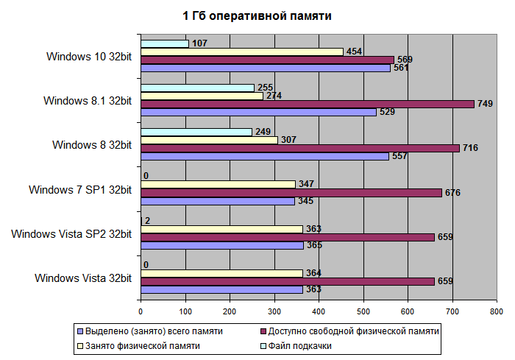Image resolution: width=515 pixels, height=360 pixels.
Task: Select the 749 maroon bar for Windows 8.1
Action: point(308,104)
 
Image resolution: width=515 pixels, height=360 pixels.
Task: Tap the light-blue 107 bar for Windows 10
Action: point(164,43)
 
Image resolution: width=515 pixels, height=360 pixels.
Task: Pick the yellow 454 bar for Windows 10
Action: point(241,52)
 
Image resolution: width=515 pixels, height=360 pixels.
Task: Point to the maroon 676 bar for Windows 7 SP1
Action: point(291,193)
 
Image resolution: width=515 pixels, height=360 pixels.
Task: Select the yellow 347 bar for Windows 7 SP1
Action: point(218,184)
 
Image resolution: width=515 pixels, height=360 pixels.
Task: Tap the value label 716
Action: point(471,148)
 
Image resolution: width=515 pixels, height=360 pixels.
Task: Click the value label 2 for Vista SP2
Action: point(148,220)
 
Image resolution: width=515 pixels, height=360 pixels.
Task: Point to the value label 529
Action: point(388,113)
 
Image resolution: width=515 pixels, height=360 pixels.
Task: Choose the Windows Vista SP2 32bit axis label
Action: point(71,234)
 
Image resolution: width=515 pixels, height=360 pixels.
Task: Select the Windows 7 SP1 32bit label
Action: point(80,189)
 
